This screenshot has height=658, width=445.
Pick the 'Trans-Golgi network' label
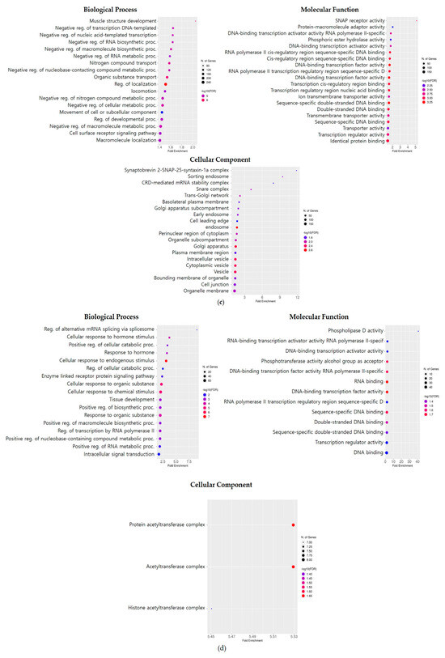[x=207, y=196]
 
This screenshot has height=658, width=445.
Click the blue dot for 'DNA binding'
[x=388, y=431]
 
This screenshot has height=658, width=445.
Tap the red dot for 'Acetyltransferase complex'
[x=293, y=567]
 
